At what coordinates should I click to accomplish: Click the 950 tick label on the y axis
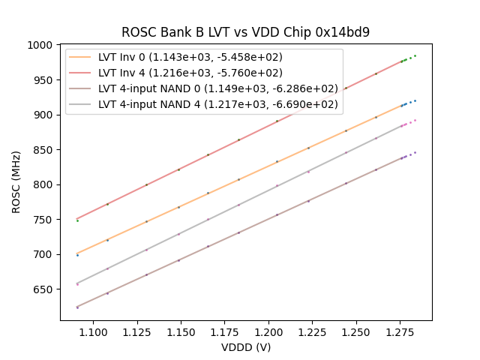click(x=46, y=80)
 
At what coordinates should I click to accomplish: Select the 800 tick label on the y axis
click(x=46, y=184)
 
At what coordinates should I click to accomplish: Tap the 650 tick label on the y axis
click(x=46, y=289)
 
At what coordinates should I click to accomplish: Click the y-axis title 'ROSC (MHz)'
click(x=17, y=182)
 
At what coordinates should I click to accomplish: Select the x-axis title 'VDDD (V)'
click(x=246, y=347)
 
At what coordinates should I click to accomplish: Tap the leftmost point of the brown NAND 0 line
click(x=77, y=307)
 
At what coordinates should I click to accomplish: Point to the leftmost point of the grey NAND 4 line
click(x=77, y=283)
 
